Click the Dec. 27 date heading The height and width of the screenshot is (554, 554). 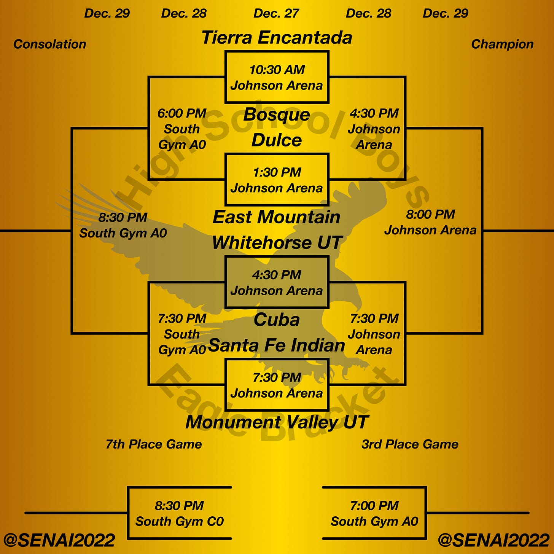coord(276,14)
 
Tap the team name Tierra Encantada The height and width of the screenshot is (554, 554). coord(277,38)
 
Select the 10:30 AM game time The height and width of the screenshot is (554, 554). coord(277,70)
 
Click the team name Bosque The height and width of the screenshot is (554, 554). coord(277,115)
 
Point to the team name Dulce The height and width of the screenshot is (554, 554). coord(277,140)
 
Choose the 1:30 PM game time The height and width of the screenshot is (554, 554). coord(277,172)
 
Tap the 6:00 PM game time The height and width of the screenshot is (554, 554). coord(182,113)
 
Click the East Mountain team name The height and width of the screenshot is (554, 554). coord(277,217)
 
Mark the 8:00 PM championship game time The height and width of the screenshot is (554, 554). coord(430,215)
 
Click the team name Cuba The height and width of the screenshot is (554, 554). coord(277,320)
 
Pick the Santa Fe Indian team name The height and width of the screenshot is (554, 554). coord(277,345)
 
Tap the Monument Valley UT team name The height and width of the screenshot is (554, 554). coord(277,422)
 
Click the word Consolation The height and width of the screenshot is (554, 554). coord(50,44)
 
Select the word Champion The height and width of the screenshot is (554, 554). coord(502,44)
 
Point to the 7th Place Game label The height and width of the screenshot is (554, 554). coord(154,444)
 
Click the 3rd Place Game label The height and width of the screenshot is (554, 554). coord(410,444)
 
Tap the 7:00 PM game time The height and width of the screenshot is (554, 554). coord(374,506)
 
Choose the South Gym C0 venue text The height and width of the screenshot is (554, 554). coord(180,521)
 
